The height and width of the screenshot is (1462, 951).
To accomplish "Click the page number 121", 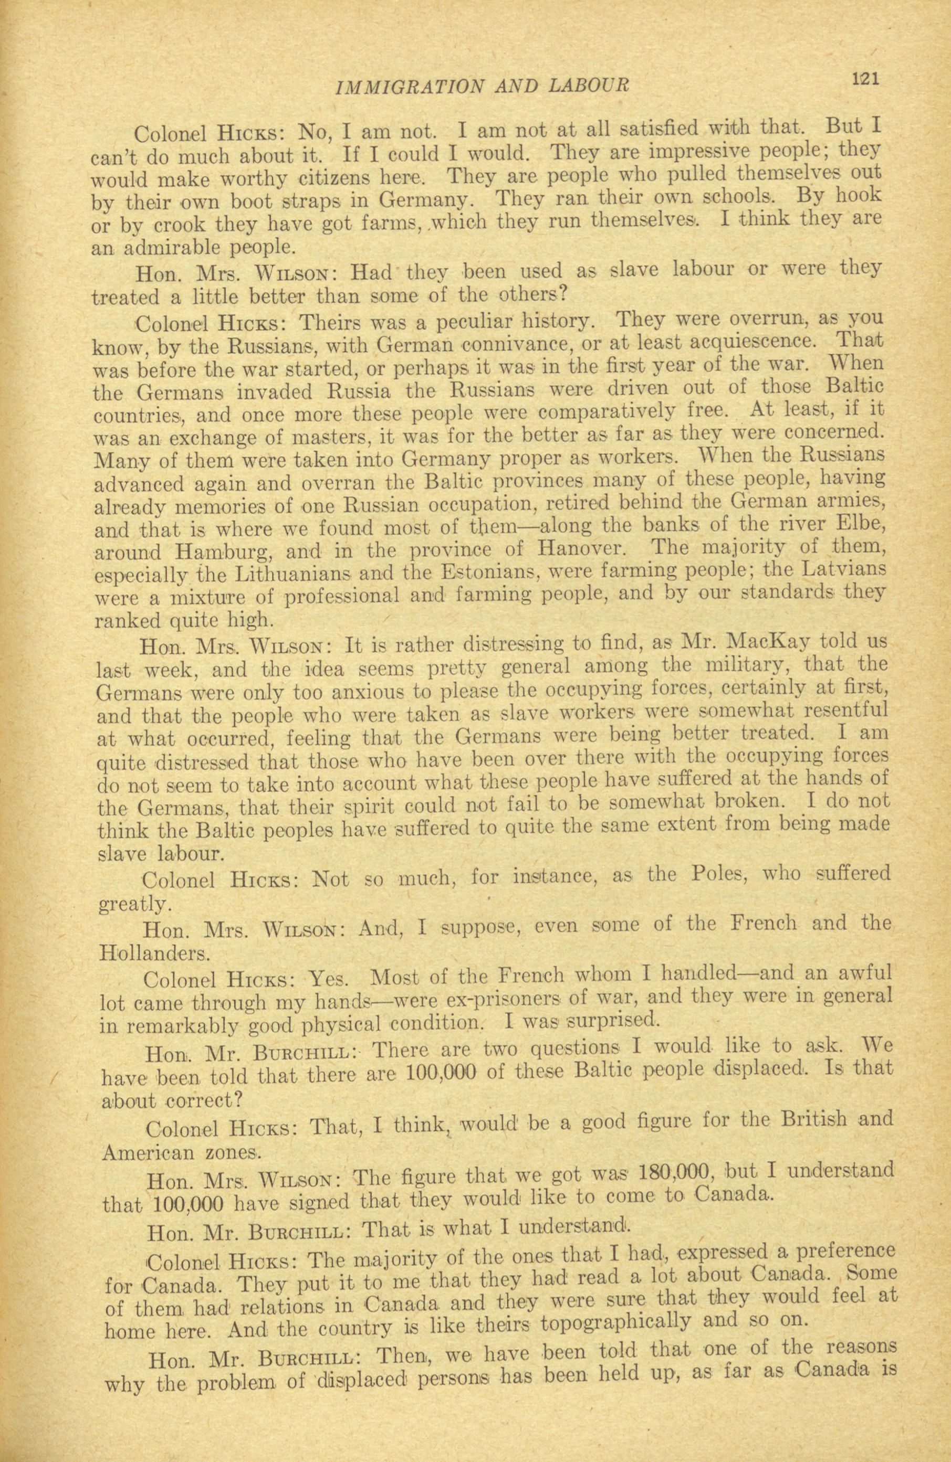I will (x=865, y=79).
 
